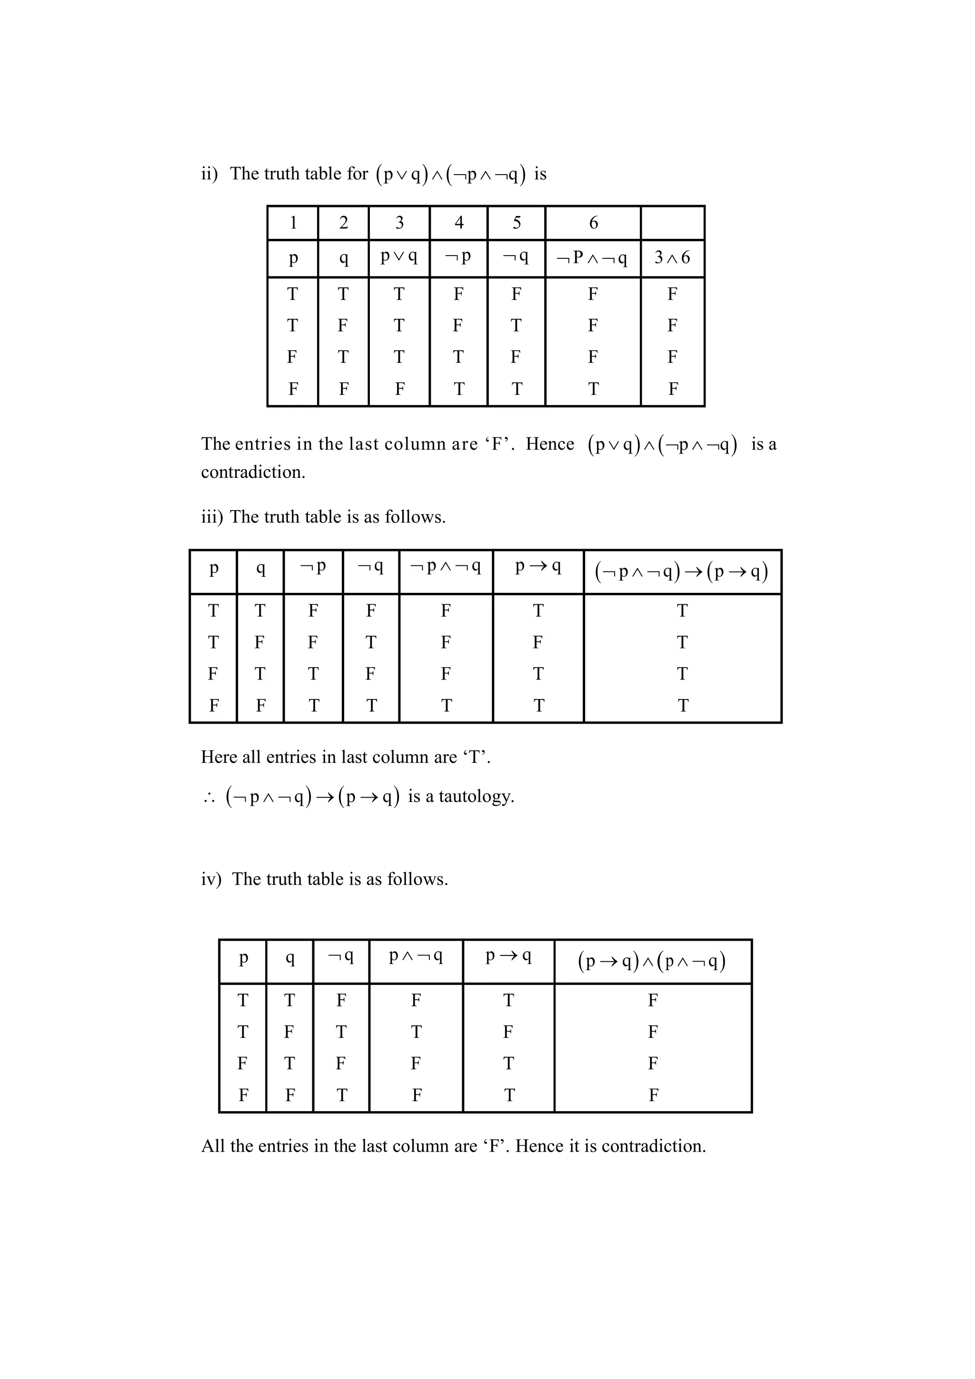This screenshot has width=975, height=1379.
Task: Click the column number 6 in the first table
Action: [x=593, y=223]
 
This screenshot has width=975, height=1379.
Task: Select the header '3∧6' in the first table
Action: [x=672, y=257]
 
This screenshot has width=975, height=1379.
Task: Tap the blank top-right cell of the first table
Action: [x=672, y=223]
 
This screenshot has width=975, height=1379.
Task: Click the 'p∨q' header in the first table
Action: [x=399, y=256]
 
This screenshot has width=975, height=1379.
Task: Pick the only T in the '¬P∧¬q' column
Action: [x=593, y=389]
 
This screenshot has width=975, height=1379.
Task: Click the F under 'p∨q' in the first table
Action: [x=399, y=389]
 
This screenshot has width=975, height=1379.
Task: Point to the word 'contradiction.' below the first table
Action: [x=253, y=472]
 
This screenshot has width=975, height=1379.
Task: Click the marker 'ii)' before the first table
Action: [x=209, y=174]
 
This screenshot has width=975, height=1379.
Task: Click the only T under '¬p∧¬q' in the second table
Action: [x=446, y=706]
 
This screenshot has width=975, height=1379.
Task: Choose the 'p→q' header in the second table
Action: [x=537, y=566]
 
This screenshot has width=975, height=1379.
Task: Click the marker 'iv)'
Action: [x=211, y=879]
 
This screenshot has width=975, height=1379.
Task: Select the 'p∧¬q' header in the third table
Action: [x=416, y=955]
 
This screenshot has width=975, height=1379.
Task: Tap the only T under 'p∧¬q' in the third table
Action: [x=416, y=1032]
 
